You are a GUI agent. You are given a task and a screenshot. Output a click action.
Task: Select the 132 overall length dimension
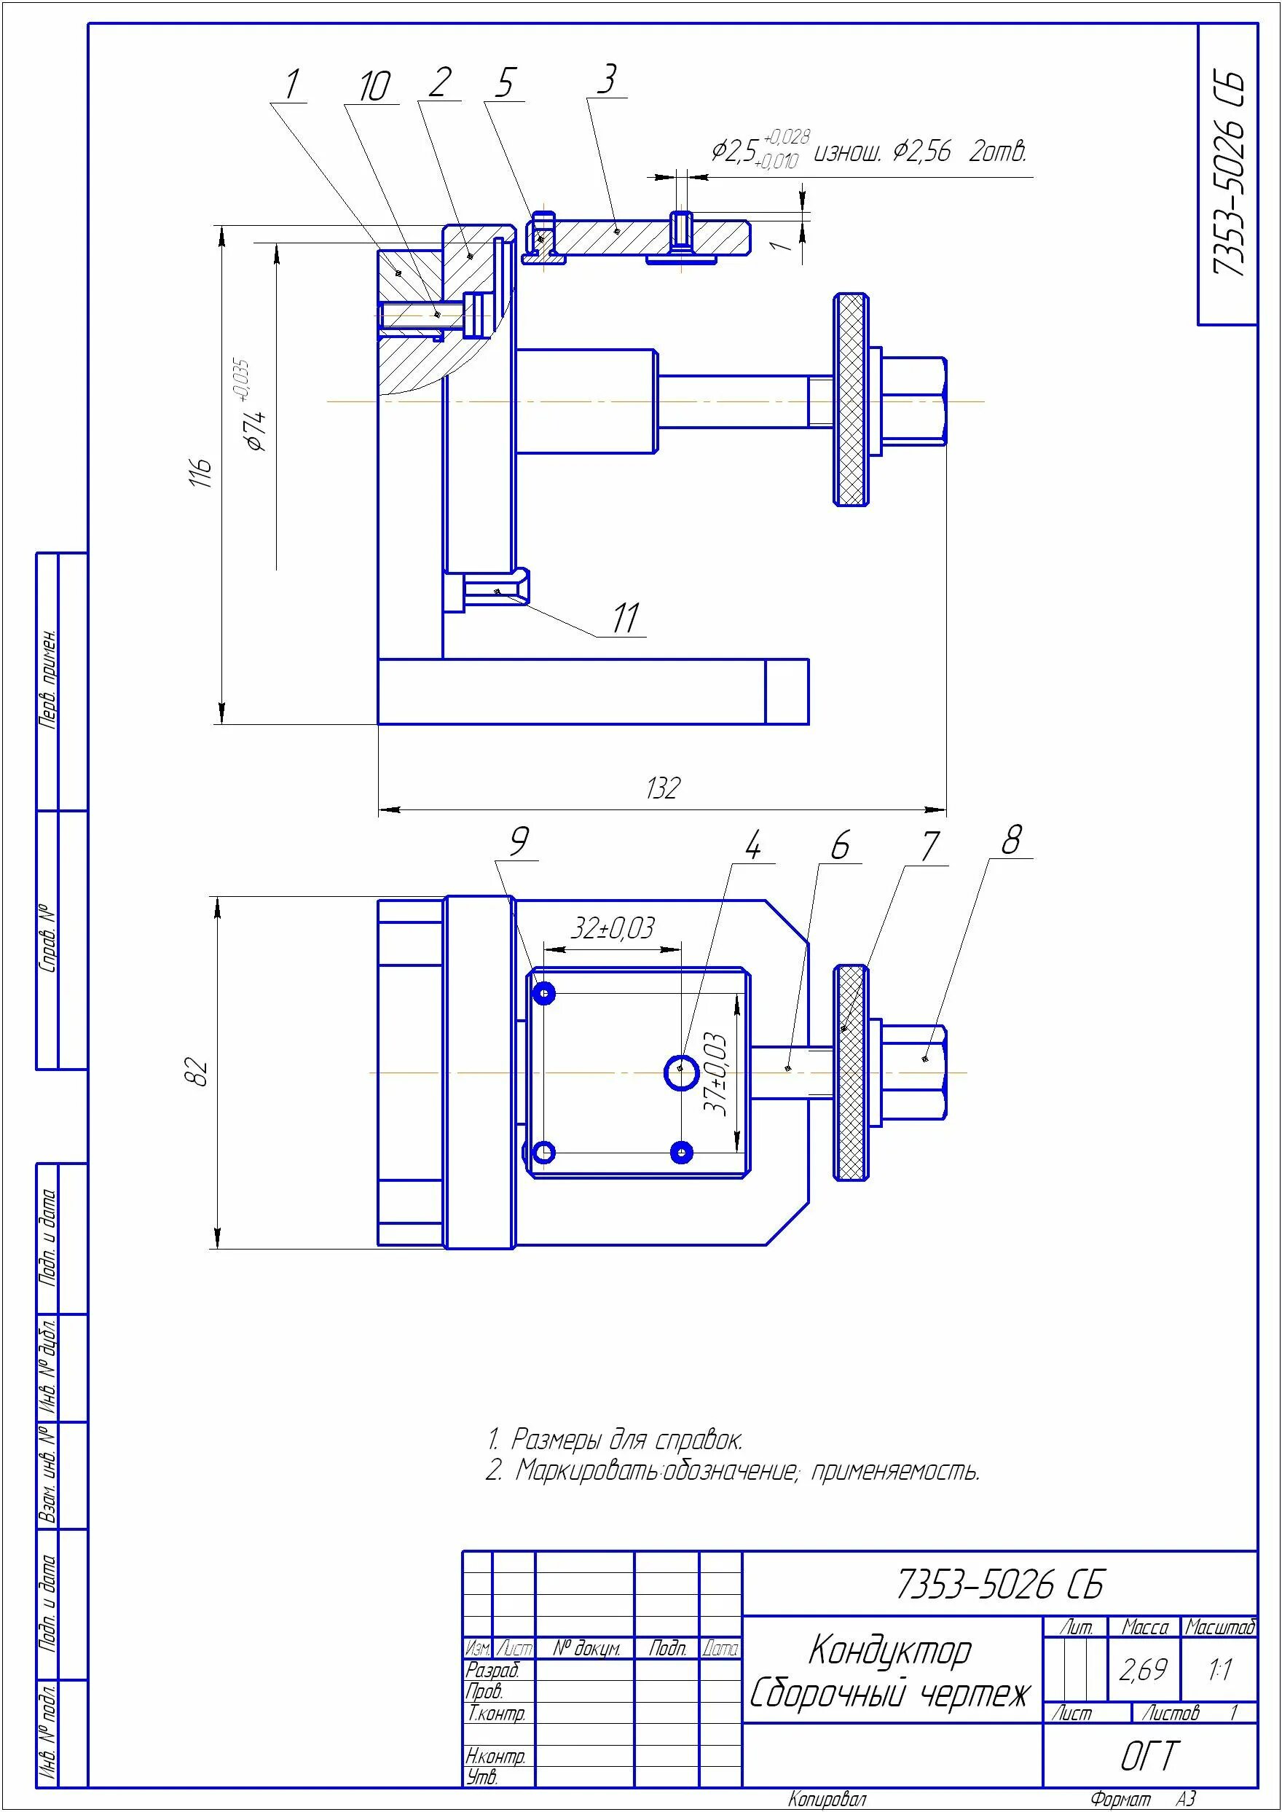click(662, 788)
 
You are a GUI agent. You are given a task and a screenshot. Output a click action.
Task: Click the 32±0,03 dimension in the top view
click(613, 927)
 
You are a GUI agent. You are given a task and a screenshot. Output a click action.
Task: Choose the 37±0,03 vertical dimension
click(715, 1074)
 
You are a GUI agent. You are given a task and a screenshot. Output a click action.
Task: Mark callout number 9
click(518, 842)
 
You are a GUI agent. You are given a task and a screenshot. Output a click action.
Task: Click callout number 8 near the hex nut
click(1011, 839)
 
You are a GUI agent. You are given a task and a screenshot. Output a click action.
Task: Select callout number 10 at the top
click(374, 85)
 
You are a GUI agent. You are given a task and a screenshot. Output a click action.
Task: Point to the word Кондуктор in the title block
click(889, 1650)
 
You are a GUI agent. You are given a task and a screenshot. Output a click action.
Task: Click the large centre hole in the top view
click(680, 1072)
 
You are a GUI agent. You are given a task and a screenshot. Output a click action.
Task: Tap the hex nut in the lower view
click(913, 1072)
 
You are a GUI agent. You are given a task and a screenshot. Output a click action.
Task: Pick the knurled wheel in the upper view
click(852, 399)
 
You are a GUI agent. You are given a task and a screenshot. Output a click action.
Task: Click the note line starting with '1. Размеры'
click(615, 1440)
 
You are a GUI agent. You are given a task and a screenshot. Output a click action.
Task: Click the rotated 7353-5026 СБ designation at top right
click(1227, 173)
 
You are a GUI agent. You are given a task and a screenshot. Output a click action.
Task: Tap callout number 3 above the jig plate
click(606, 79)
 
